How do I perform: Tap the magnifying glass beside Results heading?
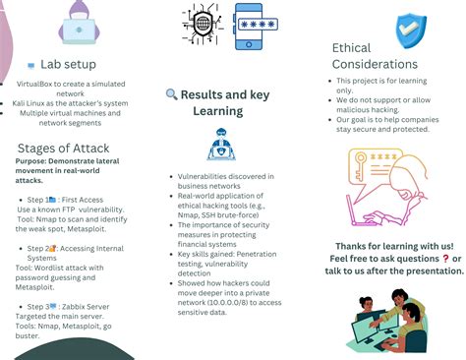click(172, 94)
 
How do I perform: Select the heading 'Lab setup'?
click(68, 64)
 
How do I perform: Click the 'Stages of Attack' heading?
click(62, 148)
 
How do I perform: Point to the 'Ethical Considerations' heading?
click(375, 55)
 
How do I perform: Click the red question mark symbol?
click(445, 258)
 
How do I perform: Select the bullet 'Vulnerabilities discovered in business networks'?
click(225, 180)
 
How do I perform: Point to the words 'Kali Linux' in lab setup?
click(32, 102)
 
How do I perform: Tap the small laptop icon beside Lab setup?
click(31, 65)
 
